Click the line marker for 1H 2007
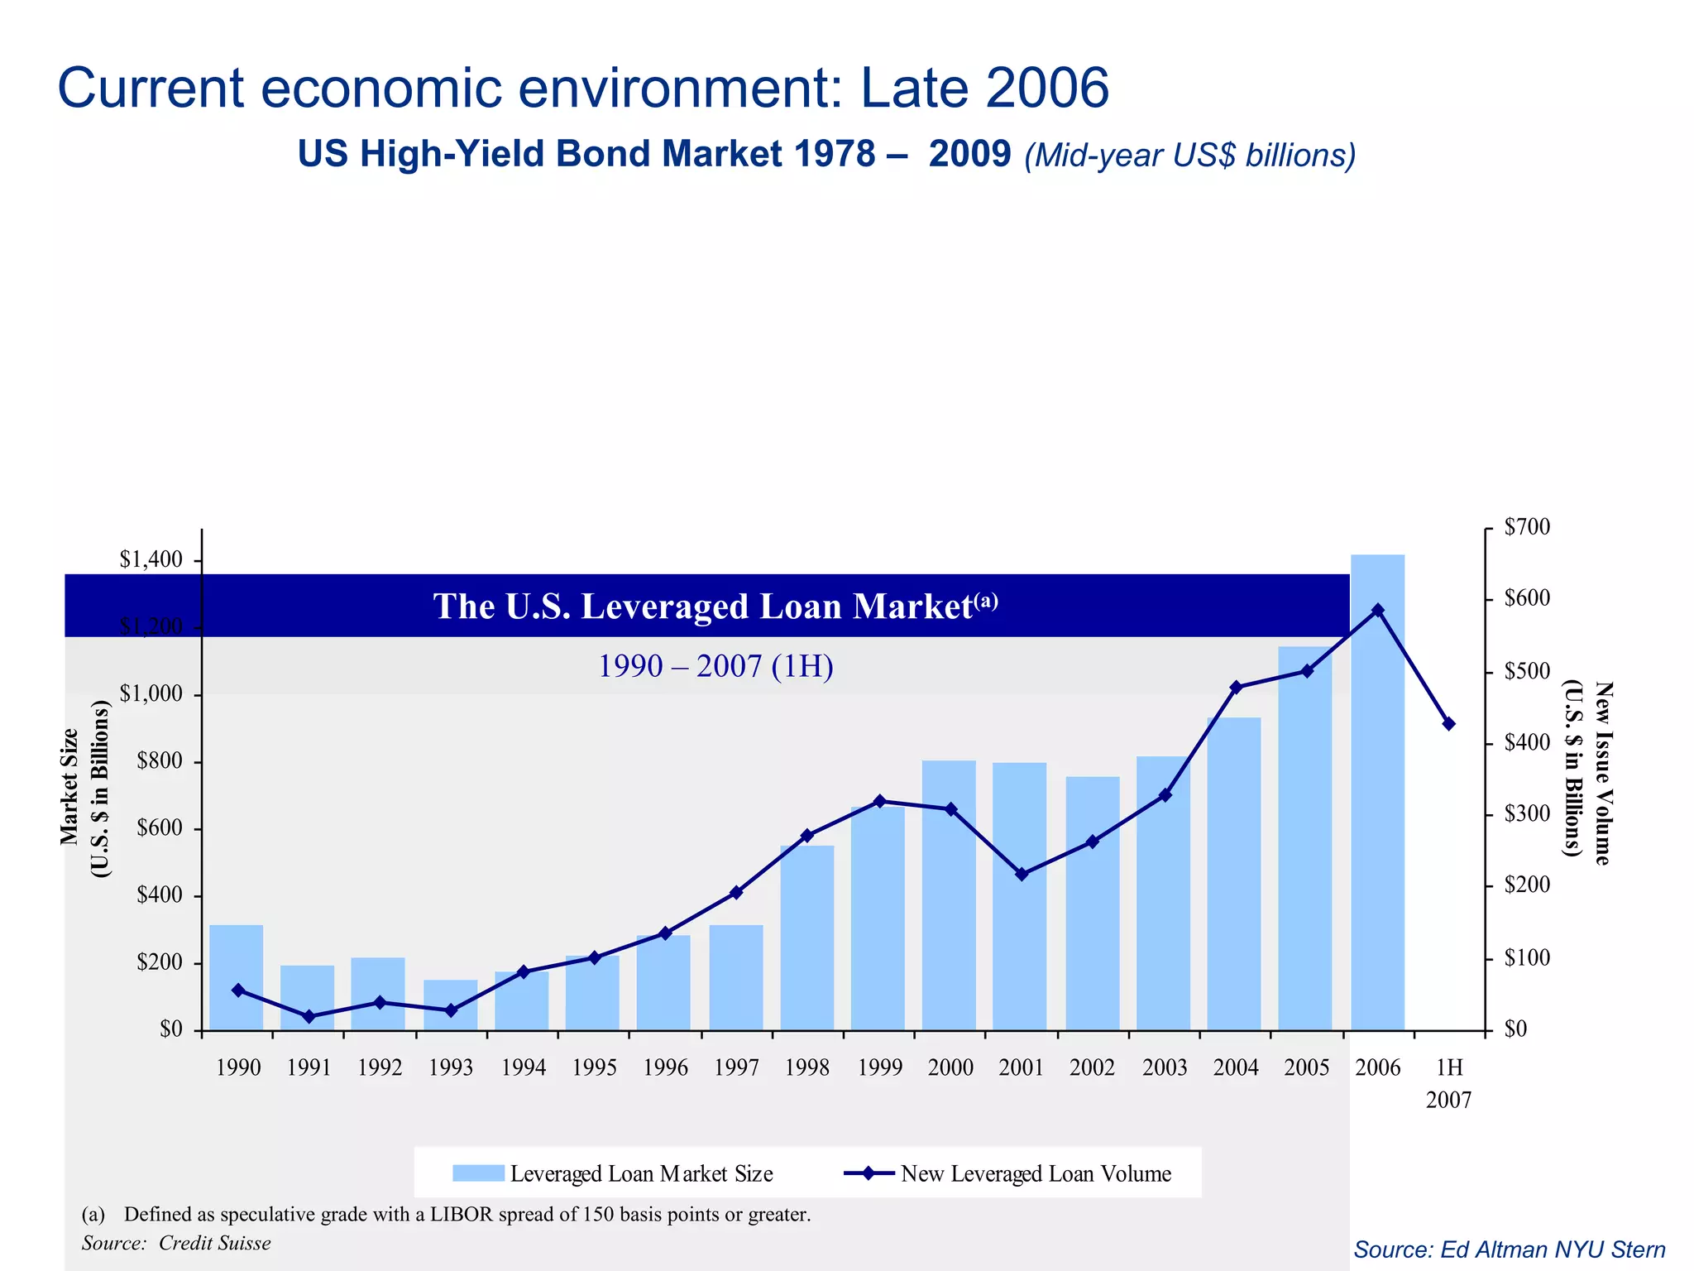pyautogui.click(x=1448, y=724)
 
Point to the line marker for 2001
pyautogui.click(x=1022, y=874)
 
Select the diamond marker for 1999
pyautogui.click(x=879, y=801)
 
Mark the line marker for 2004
pyautogui.click(x=1236, y=687)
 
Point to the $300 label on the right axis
pyautogui.click(x=1527, y=814)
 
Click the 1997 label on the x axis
pyautogui.click(x=736, y=1068)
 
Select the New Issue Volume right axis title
pyautogui.click(x=1588, y=774)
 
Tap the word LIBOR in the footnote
pyautogui.click(x=460, y=1214)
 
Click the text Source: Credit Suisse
pyautogui.click(x=176, y=1243)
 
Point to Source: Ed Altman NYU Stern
pyautogui.click(x=1509, y=1249)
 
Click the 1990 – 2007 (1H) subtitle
pyautogui.click(x=715, y=666)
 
